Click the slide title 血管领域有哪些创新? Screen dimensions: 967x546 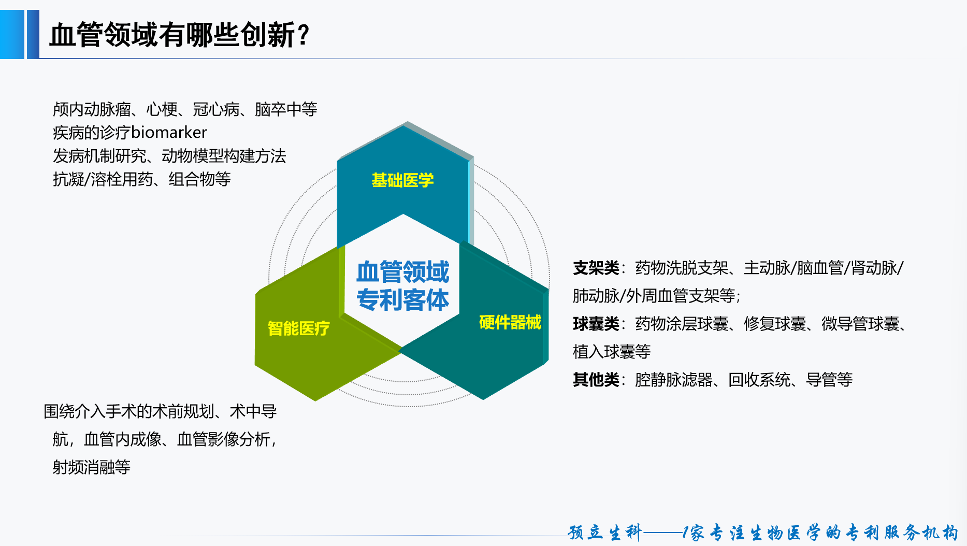click(179, 35)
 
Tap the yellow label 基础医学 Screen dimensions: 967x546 click(402, 180)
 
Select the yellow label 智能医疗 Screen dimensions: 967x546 click(298, 328)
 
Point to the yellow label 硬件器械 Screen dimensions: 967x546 click(510, 322)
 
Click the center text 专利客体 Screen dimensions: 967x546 click(403, 300)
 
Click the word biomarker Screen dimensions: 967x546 click(169, 133)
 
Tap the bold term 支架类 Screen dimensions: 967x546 click(596, 268)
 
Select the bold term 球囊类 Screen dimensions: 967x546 click(596, 324)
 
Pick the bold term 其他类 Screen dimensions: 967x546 click(596, 380)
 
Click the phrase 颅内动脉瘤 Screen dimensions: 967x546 click(92, 109)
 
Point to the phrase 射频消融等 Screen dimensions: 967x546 click(92, 467)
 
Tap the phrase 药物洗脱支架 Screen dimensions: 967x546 click(682, 268)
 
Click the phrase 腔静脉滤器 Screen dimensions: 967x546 click(674, 380)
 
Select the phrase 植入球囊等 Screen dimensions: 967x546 click(612, 352)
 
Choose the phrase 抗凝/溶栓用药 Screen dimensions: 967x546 click(103, 179)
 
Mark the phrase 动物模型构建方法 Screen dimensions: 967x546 click(224, 156)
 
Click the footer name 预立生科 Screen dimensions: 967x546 click(604, 533)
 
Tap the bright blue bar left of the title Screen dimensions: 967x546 click(12, 34)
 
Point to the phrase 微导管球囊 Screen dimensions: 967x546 click(860, 324)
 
